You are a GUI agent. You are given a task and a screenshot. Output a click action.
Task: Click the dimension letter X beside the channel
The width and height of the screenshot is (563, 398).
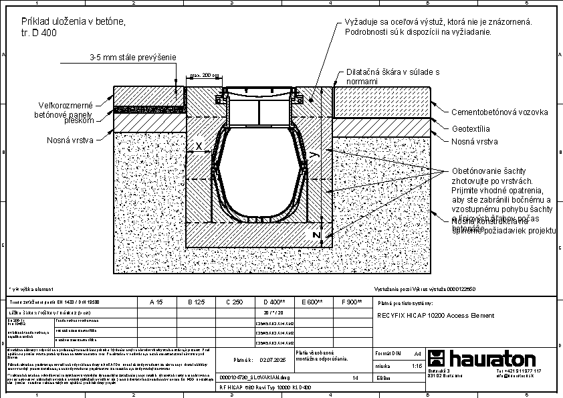(199, 146)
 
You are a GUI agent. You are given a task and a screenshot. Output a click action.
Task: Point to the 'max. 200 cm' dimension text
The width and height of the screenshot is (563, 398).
(205, 76)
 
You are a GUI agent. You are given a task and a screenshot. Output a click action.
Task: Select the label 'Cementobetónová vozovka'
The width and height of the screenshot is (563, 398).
(499, 112)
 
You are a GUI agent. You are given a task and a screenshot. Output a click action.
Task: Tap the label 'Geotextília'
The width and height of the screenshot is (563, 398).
(471, 128)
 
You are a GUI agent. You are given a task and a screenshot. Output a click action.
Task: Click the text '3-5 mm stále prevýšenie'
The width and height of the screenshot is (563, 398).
(132, 58)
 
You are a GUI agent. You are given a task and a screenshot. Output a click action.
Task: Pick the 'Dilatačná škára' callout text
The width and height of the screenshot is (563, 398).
(392, 76)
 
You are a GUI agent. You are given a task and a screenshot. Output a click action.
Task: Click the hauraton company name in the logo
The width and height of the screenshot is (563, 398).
(491, 357)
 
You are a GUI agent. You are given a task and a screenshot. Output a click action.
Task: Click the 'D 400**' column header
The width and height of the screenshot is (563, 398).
(275, 302)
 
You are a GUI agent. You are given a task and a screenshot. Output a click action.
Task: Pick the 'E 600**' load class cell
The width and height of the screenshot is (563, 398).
(312, 302)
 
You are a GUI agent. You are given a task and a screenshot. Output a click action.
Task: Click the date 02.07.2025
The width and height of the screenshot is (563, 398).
(271, 359)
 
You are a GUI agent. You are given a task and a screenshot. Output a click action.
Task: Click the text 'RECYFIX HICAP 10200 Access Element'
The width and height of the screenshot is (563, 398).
(435, 315)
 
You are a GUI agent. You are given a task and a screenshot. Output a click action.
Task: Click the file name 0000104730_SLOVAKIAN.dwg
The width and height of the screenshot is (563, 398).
(253, 378)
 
